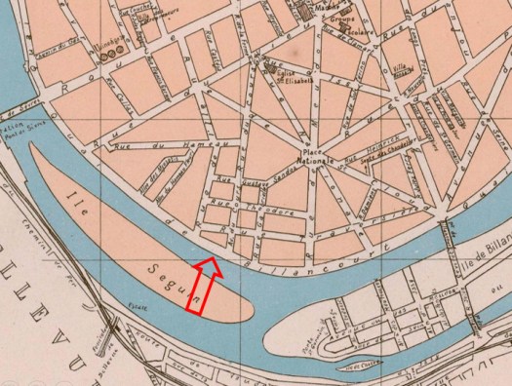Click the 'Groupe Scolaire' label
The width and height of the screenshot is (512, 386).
[343, 23]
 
